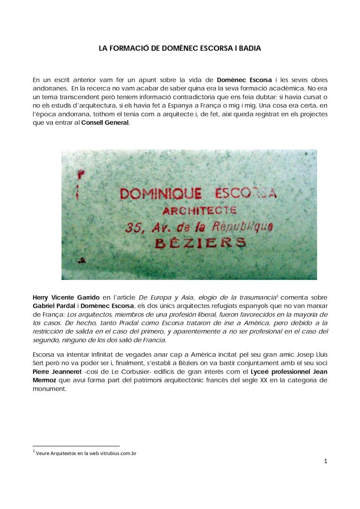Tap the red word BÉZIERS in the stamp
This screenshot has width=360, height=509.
coord(200,242)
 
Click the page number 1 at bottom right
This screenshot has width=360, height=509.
coord(325,462)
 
